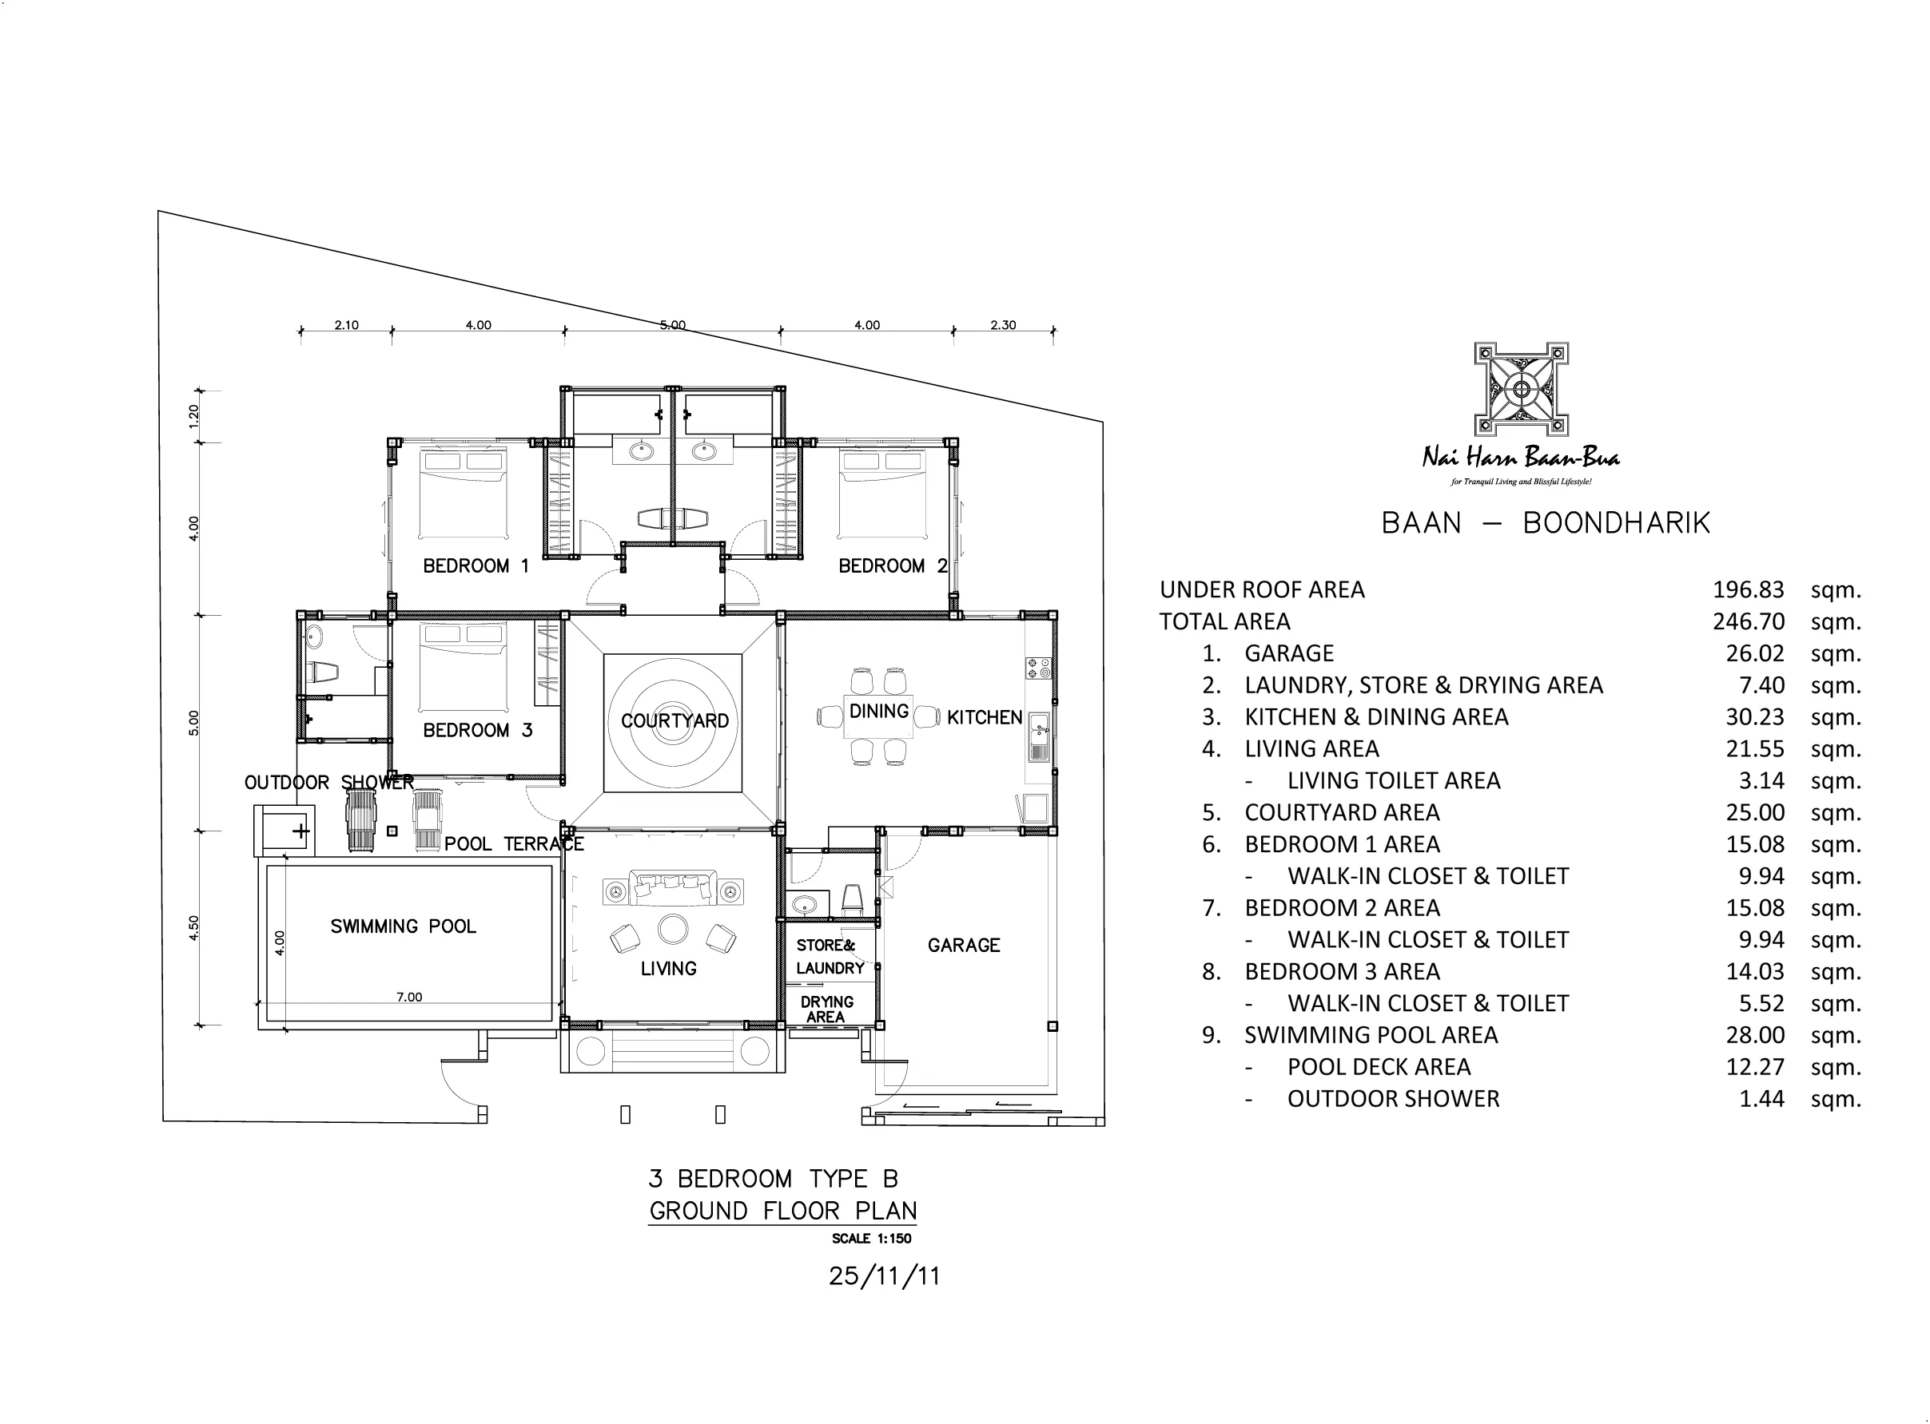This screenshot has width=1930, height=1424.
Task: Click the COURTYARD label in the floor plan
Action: [x=675, y=720]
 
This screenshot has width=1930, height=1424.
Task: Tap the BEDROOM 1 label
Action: [x=476, y=565]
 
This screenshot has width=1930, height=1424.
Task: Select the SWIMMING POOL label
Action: [x=403, y=926]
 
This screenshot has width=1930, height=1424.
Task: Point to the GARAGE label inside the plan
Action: [x=963, y=945]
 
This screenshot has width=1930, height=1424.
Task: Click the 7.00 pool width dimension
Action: [x=408, y=997]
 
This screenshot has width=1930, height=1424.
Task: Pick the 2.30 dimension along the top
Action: [x=1003, y=325]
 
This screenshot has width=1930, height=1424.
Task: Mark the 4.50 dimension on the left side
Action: [x=194, y=927]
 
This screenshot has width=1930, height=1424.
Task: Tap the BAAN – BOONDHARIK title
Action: [x=1546, y=523]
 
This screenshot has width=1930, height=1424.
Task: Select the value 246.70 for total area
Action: [x=1748, y=621]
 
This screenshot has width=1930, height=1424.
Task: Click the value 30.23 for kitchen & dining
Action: [x=1754, y=717]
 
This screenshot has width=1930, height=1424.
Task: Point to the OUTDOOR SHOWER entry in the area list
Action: [x=1394, y=1099]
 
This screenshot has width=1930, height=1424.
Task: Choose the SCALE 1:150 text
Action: [x=871, y=1239]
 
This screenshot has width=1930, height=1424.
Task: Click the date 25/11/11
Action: [x=884, y=1275]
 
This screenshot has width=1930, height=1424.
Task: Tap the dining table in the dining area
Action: [x=879, y=716]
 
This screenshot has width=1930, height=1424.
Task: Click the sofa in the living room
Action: [x=673, y=888]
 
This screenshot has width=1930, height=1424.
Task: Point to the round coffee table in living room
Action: [x=673, y=929]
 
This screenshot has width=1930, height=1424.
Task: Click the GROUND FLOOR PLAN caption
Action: [x=782, y=1211]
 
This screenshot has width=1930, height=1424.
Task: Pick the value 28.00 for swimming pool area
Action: [x=1754, y=1035]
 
